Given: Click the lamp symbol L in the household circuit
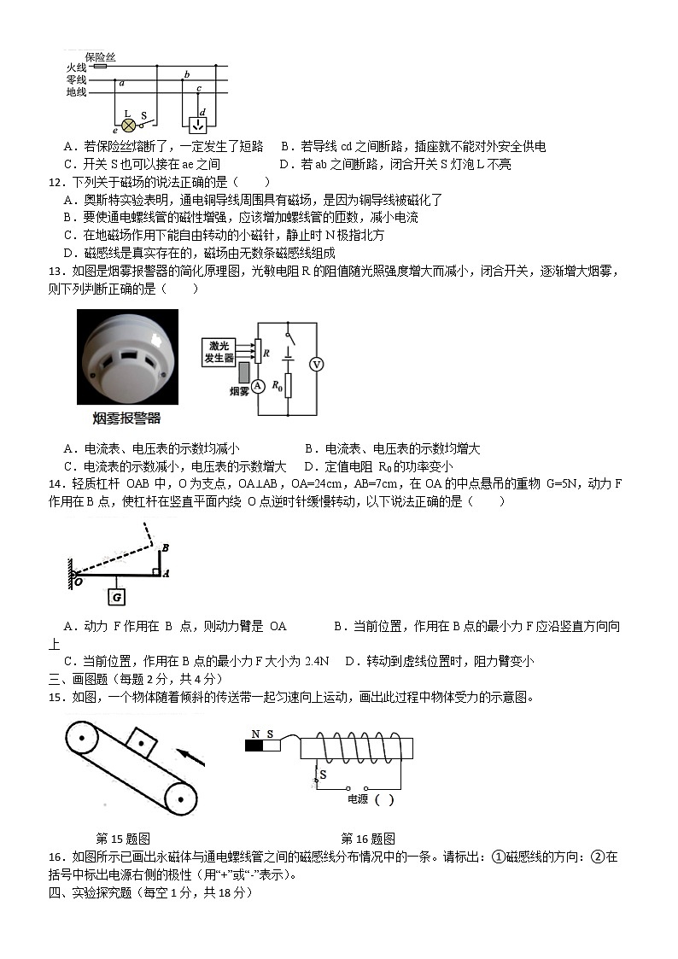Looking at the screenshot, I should point(129,125).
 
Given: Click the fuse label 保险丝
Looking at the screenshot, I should point(100,56).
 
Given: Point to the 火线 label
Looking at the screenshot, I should point(76,67).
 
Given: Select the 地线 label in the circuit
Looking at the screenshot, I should point(76,91).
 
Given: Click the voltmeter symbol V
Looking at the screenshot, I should point(316,364).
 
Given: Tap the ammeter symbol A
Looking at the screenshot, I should point(255,385).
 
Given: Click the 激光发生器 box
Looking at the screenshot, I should point(219,352).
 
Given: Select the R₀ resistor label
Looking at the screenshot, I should point(277,385).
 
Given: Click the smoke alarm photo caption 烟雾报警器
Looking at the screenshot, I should point(126,418).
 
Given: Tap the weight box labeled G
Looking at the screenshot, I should point(117,596).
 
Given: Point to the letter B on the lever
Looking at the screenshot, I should point(165,547).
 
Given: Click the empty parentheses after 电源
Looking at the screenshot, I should point(384,800).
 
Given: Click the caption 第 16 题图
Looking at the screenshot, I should point(367,838).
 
